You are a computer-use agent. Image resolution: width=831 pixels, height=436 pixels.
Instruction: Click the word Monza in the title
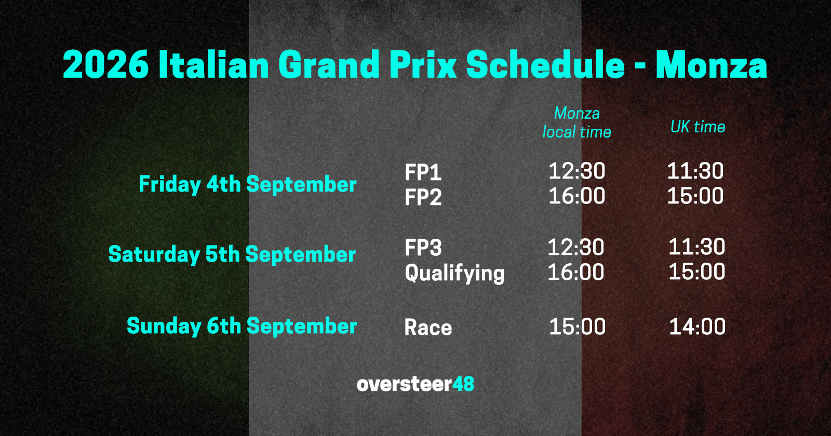(x=711, y=65)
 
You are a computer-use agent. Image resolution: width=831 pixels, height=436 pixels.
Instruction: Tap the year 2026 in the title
(x=105, y=65)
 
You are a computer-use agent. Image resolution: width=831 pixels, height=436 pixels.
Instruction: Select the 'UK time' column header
(x=698, y=127)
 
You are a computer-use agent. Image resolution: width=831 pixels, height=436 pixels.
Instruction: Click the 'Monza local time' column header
(x=577, y=122)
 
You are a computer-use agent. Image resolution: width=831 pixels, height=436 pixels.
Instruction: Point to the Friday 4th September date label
(x=247, y=184)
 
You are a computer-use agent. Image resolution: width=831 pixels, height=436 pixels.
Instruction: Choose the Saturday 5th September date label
(x=232, y=254)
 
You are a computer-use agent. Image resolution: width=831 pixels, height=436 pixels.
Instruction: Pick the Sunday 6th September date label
(x=242, y=326)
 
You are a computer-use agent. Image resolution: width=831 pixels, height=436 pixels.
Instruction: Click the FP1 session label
(x=423, y=172)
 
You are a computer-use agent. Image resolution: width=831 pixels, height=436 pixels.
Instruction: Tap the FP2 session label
(x=423, y=197)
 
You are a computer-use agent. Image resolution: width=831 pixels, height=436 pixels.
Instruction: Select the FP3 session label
(x=423, y=248)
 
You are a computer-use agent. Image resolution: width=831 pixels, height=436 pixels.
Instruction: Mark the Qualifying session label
(x=454, y=273)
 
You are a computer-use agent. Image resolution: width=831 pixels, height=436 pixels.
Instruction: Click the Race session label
(x=428, y=328)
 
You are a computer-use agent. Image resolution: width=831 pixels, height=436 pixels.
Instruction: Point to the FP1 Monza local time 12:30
(x=577, y=171)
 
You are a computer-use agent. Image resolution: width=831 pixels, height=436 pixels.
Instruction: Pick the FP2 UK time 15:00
(x=695, y=196)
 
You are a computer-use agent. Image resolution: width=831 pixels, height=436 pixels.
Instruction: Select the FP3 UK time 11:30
(x=696, y=247)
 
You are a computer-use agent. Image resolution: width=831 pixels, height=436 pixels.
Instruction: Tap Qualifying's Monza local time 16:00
(x=575, y=272)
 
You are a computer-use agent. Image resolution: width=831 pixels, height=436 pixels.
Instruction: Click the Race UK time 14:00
(x=697, y=326)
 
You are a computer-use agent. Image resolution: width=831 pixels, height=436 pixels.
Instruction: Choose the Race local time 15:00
(x=577, y=326)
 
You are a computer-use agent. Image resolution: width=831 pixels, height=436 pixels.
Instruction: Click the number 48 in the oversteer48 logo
(x=463, y=384)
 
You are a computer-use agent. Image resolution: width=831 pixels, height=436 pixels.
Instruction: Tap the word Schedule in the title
(x=545, y=65)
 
